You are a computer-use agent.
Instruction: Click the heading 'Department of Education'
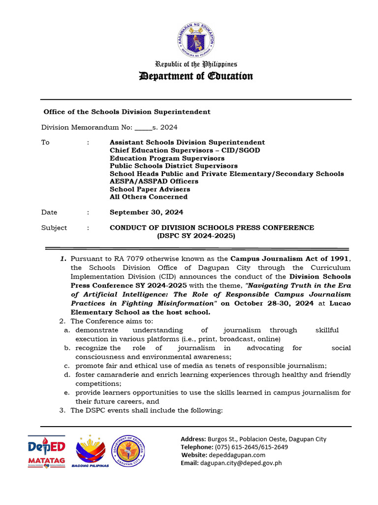(x=196, y=76)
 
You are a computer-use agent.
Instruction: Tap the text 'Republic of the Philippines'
(x=196, y=64)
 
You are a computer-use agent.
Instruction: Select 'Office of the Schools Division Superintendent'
(x=127, y=112)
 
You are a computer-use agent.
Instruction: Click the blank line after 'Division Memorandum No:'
(x=143, y=128)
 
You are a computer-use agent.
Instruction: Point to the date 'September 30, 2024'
(x=146, y=213)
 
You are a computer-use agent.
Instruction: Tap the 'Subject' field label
(x=54, y=228)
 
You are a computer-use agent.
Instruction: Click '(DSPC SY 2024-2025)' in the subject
(x=196, y=236)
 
